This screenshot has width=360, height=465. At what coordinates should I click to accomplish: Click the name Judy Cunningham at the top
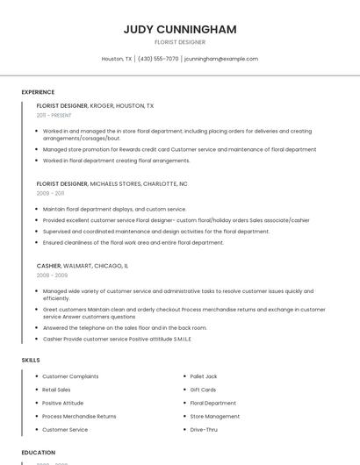(x=180, y=30)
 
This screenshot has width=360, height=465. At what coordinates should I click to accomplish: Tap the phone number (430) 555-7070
(x=158, y=59)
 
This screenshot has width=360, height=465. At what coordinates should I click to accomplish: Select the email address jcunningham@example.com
(x=221, y=59)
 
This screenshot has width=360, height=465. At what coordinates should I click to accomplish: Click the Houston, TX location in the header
(x=117, y=59)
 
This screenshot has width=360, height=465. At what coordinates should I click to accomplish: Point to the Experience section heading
(x=38, y=92)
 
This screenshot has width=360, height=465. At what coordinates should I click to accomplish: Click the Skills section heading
(x=31, y=360)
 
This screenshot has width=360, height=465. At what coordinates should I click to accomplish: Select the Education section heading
(x=39, y=453)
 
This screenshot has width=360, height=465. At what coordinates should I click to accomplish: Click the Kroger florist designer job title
(x=95, y=105)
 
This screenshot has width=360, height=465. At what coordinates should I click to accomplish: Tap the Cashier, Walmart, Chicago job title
(x=83, y=265)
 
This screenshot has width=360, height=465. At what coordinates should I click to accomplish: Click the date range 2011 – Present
(x=54, y=115)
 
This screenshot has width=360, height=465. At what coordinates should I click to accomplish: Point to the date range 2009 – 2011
(x=50, y=193)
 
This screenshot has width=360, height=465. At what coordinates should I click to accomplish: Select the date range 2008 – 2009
(x=52, y=275)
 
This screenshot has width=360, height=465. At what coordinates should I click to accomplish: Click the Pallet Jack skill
(x=204, y=376)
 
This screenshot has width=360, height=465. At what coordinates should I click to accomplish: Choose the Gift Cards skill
(x=203, y=390)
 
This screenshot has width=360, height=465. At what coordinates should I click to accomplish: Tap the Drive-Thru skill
(x=204, y=430)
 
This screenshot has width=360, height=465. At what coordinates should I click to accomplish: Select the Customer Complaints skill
(x=70, y=376)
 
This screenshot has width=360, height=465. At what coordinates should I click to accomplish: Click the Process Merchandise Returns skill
(x=79, y=417)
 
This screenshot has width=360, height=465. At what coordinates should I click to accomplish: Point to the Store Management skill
(x=214, y=417)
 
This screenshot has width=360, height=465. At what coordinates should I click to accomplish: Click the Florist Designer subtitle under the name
(x=180, y=42)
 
